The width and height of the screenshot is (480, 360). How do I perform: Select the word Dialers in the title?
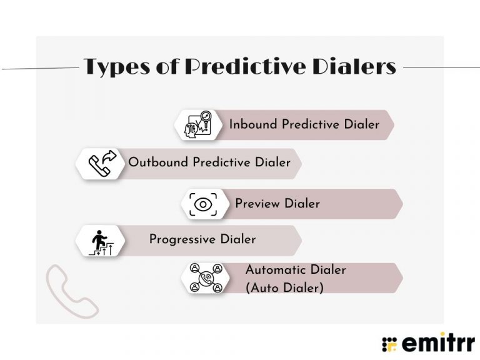pos(359,67)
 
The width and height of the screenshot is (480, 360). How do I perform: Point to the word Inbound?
pos(253,124)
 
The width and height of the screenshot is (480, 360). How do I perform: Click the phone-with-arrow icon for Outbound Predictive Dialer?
pos(99,163)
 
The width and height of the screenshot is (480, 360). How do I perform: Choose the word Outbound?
pos(158,162)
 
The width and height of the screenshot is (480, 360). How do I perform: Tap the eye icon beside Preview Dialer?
pos(203,204)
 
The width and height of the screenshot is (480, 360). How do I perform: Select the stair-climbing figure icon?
pos(99,241)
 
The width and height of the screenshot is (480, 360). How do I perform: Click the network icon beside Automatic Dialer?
pos(206,278)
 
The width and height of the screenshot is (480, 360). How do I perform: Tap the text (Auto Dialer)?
pos(284,288)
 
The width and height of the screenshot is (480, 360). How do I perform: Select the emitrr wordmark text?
pos(437,342)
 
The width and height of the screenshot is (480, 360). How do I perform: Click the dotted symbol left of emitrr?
pos(389,343)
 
